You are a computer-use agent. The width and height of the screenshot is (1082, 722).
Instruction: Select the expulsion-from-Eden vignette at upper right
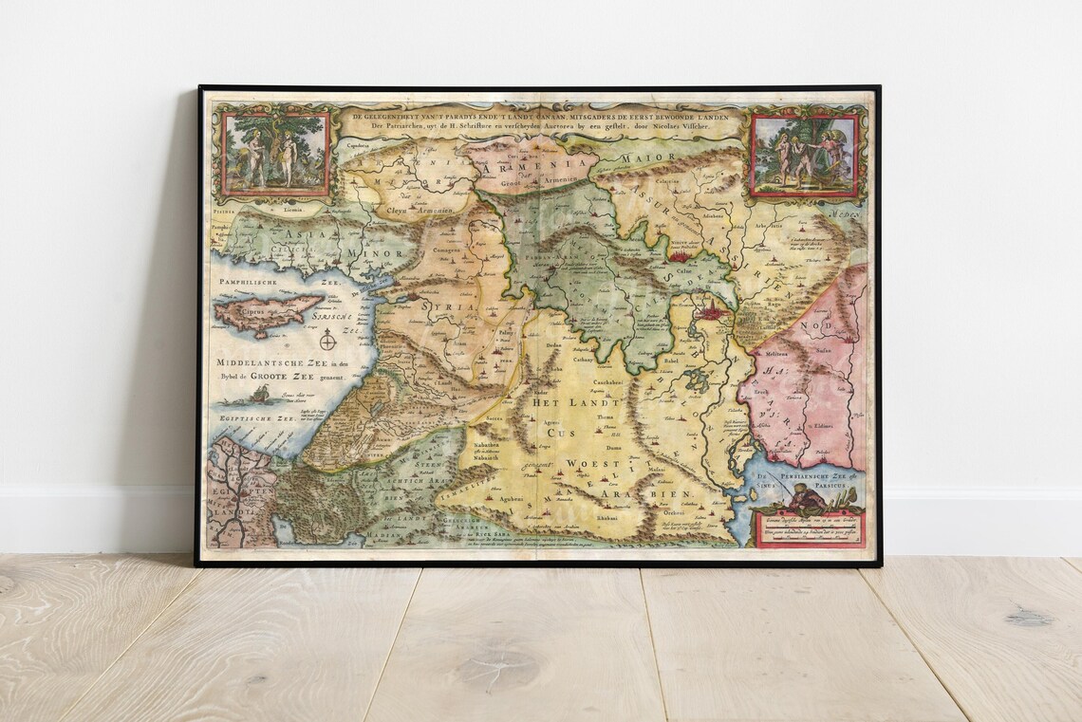point(803,156)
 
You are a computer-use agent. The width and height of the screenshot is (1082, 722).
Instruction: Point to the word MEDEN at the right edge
point(848,214)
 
